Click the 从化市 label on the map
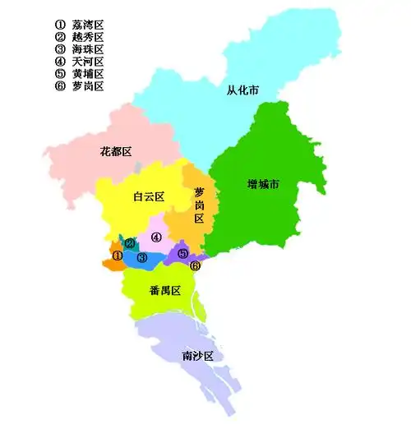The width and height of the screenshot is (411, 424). [242, 90]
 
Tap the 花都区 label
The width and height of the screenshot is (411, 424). [116, 151]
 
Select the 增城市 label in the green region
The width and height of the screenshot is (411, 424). [263, 184]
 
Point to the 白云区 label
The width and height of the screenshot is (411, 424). [149, 196]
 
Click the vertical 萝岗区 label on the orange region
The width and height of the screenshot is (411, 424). [199, 205]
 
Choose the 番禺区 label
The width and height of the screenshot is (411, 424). [164, 291]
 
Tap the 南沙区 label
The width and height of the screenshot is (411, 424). [197, 356]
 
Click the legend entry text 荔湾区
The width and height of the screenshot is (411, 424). [88, 25]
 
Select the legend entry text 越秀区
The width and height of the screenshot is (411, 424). [88, 37]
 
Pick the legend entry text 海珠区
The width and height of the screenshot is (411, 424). [88, 49]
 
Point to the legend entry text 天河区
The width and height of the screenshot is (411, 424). [88, 62]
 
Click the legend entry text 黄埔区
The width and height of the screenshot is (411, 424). [88, 74]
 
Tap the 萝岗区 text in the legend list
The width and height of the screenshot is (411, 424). [88, 86]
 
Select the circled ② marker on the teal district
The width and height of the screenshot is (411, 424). [130, 243]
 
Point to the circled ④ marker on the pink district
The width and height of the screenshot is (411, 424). [155, 237]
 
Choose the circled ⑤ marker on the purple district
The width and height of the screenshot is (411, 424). [182, 253]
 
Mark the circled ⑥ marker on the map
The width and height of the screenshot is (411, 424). [195, 265]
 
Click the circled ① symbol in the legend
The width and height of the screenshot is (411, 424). [59, 25]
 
